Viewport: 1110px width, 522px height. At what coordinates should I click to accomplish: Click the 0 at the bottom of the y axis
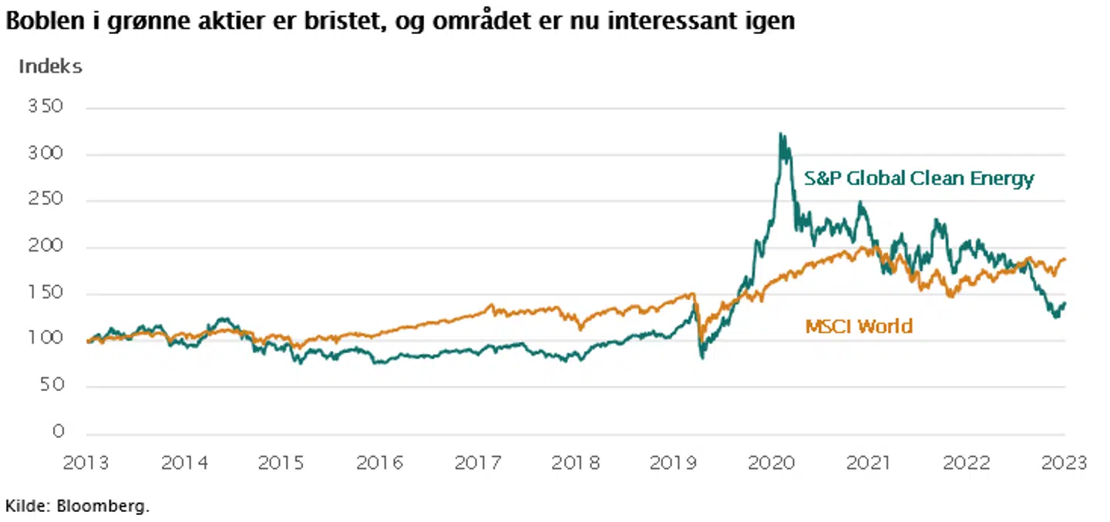tap(58, 433)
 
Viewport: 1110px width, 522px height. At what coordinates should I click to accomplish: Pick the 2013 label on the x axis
tap(86, 463)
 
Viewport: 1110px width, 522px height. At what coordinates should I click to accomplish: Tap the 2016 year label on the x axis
tap(378, 463)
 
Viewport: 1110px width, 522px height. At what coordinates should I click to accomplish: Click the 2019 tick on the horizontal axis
tap(673, 463)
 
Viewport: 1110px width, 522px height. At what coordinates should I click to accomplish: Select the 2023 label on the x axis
tap(1064, 463)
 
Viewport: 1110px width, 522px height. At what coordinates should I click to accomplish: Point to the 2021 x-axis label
tap(869, 463)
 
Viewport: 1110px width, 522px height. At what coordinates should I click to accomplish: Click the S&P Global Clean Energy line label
tap(919, 179)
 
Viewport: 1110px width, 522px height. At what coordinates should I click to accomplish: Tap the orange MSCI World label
tap(859, 326)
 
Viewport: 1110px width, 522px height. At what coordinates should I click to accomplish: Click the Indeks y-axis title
tap(50, 66)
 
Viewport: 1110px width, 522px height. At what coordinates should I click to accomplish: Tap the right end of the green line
tap(1065, 304)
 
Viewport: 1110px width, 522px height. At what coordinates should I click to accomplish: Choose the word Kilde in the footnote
tap(22, 507)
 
